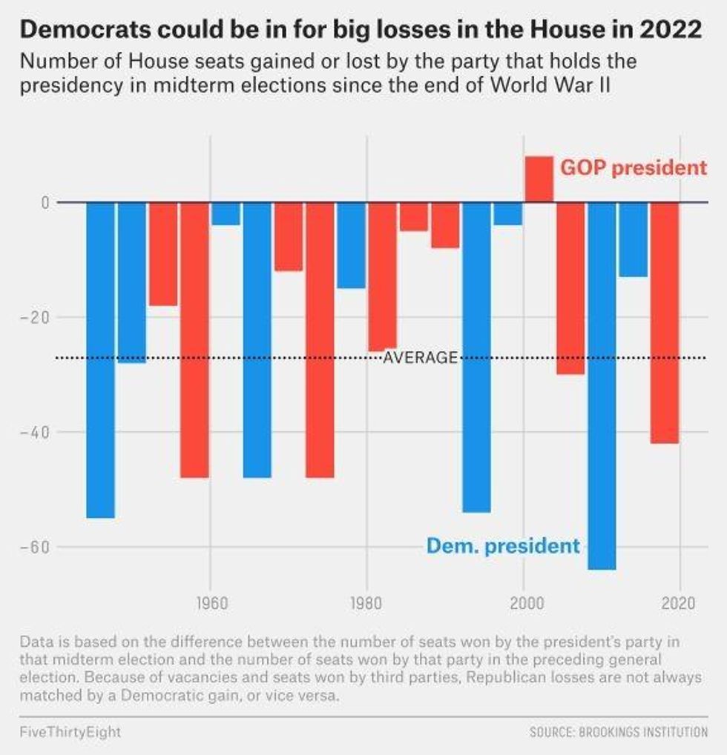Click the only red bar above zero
(539, 179)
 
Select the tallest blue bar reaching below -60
(602, 385)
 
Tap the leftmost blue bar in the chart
(101, 359)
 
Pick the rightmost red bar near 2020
(665, 322)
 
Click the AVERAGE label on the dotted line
(421, 358)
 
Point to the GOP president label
(634, 167)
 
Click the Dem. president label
(503, 546)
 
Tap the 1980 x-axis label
(366, 602)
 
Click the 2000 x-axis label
(523, 602)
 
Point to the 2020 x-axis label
(680, 602)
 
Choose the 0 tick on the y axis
(45, 202)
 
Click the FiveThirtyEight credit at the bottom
(70, 732)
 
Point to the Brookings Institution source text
(619, 732)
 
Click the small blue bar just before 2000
(508, 213)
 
